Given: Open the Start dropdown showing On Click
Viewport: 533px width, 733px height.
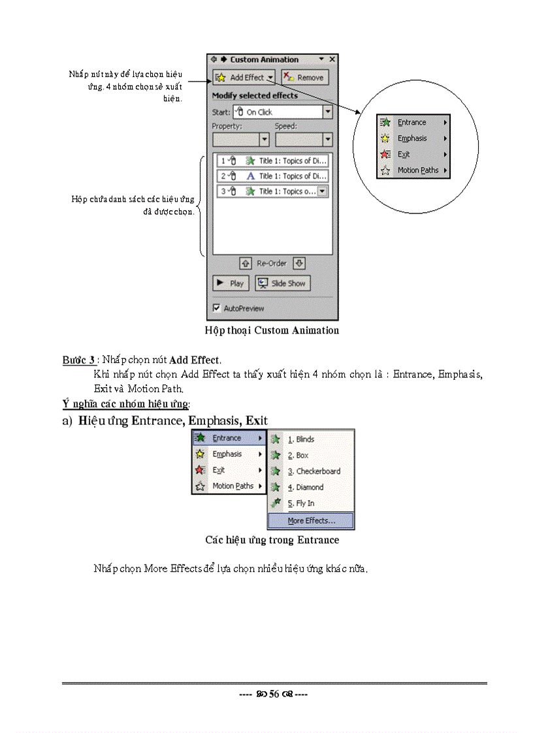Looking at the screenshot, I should click(327, 112).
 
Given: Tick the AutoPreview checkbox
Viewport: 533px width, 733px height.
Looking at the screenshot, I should click(217, 308).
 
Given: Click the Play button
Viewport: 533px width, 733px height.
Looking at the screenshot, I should click(230, 283).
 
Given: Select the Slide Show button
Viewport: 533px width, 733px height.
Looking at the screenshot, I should click(282, 283).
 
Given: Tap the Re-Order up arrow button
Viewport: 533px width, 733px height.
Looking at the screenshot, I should click(246, 264).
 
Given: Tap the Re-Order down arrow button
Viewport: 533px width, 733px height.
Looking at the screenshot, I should click(299, 264).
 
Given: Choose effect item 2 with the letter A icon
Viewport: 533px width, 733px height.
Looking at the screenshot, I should click(272, 176).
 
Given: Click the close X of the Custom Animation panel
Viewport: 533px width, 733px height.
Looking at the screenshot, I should click(332, 59).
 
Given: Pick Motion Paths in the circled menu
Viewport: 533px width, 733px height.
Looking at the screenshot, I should click(417, 170).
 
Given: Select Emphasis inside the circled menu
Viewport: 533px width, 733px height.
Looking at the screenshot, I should click(412, 138).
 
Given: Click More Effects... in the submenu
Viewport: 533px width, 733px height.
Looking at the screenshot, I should click(311, 521).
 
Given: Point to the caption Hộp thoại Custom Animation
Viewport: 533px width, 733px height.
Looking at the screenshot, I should click(272, 330).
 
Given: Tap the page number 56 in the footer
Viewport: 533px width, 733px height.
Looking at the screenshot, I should click(274, 694).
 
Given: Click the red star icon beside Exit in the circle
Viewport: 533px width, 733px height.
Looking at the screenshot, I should click(385, 155).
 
